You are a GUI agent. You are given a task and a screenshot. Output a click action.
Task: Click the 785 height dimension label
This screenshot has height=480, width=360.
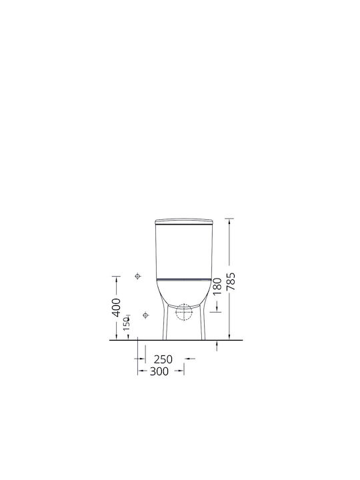pos(231,281)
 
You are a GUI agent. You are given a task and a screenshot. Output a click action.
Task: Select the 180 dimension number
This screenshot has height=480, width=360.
pos(217,286)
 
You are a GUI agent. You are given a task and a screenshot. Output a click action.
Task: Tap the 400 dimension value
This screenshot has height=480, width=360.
pos(117,307)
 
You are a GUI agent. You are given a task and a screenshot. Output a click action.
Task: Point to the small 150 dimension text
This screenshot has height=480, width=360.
pos(127,324)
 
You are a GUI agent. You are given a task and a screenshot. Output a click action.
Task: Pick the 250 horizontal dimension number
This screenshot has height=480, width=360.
pos(163,359)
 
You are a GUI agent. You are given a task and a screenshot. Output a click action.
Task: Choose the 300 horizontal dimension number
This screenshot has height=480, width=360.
pos(159,371)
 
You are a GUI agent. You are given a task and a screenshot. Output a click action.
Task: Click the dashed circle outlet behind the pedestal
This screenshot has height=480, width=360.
pos(183,312)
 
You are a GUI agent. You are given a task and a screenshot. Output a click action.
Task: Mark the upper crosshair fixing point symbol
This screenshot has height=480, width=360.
pos(138,276)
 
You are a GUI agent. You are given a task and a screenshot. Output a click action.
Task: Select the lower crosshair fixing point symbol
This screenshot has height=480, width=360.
pos(146,315)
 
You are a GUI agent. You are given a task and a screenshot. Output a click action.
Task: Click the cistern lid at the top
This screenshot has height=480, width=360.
pos(184,221)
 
